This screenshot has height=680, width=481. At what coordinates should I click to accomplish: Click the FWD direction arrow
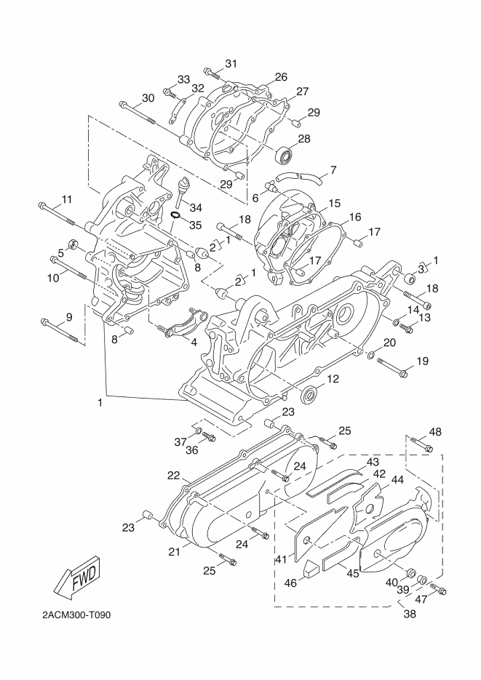pyautogui.click(x=79, y=578)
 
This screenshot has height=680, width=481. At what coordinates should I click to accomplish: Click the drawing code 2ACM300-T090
pyautogui.click(x=76, y=615)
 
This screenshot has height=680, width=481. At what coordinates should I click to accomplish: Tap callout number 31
pyautogui.click(x=231, y=63)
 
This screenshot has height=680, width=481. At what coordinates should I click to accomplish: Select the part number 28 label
pyautogui.click(x=304, y=138)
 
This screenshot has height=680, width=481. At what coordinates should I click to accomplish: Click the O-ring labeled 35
pyautogui.click(x=175, y=215)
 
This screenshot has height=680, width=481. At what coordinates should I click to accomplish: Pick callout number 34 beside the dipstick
pyautogui.click(x=196, y=208)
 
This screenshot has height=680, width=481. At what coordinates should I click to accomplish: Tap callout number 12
pyautogui.click(x=333, y=379)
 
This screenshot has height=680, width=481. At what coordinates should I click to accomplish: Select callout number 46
pyautogui.click(x=290, y=583)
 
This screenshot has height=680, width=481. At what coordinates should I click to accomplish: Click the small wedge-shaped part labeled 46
pyautogui.click(x=311, y=568)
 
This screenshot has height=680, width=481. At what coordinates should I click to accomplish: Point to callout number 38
pyautogui.click(x=410, y=613)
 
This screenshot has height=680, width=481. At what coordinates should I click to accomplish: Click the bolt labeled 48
pyautogui.click(x=420, y=444)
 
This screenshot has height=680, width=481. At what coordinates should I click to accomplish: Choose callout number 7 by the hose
pyautogui.click(x=333, y=169)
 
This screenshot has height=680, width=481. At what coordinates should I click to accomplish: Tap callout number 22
pyautogui.click(x=174, y=476)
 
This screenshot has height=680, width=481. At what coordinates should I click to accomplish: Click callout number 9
pyautogui.click(x=69, y=317)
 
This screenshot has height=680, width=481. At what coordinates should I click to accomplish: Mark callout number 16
pyautogui.click(x=355, y=217)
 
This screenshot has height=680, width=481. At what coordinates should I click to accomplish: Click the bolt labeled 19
pyautogui.click(x=393, y=367)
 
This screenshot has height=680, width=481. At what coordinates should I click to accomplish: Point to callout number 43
pyautogui.click(x=373, y=462)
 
